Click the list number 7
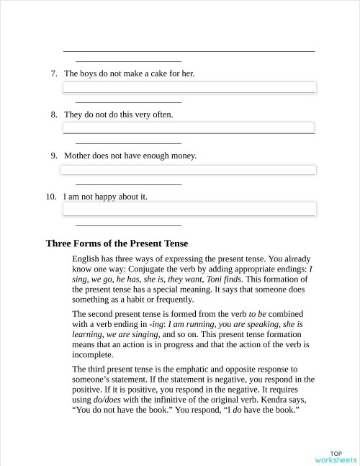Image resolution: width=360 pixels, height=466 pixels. point(53,73)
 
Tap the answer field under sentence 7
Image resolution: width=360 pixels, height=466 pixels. point(189,87)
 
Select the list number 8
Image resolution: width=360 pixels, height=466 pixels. point(53,115)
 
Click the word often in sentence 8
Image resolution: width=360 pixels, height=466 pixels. point(161,115)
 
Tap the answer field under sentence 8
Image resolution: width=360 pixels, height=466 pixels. point(189,127)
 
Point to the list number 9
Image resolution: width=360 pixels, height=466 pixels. point(53,156)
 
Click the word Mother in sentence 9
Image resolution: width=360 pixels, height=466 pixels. point(78,156)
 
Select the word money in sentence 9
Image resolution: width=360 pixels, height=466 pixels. point(183,156)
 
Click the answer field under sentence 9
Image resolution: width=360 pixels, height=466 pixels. point(188,170)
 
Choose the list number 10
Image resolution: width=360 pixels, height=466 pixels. point(51,196)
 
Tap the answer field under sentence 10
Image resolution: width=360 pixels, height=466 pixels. point(189,209)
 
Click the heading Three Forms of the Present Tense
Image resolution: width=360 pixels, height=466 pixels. point(117,243)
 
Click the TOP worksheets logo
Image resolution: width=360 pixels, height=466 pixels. point(336,456)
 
